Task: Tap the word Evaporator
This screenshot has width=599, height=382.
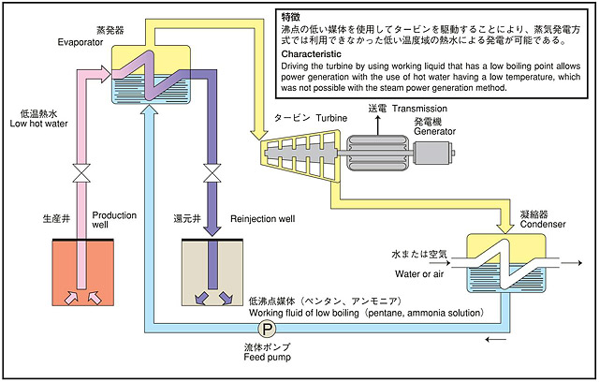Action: point(80,43)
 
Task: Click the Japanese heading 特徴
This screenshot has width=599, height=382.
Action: point(291,18)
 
